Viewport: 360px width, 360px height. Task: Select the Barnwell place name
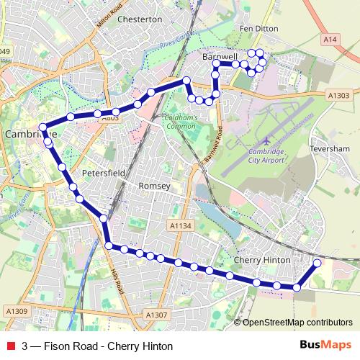pyautogui.click(x=220, y=55)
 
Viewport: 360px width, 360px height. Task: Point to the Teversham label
pyautogui.click(x=329, y=148)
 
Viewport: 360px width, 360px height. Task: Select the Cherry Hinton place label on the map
pyautogui.click(x=262, y=259)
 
